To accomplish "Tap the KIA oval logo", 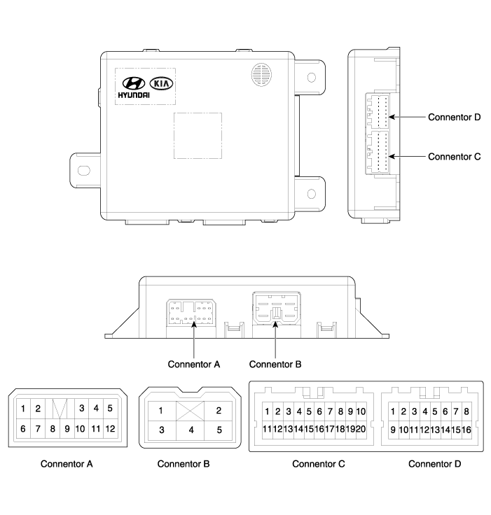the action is [x=162, y=83].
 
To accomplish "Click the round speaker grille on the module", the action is [x=261, y=75].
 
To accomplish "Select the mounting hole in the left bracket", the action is [x=83, y=171].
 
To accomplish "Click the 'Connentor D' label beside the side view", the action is [x=454, y=118].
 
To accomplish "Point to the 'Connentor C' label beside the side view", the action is [x=454, y=157].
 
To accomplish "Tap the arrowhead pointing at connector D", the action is [x=392, y=117].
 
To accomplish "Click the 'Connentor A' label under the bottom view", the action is [x=194, y=365].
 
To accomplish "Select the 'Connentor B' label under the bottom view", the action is [x=275, y=365].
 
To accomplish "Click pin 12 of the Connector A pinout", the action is [x=110, y=429].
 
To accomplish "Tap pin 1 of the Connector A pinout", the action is [x=23, y=409].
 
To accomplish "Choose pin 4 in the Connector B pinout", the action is [x=191, y=430].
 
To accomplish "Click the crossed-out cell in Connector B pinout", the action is [x=190, y=411].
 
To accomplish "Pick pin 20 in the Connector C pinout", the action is [x=361, y=429].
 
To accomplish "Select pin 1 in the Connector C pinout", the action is [x=267, y=411].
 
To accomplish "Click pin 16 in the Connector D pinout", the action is [x=466, y=430].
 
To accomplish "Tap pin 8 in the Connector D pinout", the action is [x=466, y=411].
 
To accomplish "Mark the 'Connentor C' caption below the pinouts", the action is [x=318, y=464].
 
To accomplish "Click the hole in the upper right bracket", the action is [x=311, y=78].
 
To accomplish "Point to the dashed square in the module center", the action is [x=198, y=136].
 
